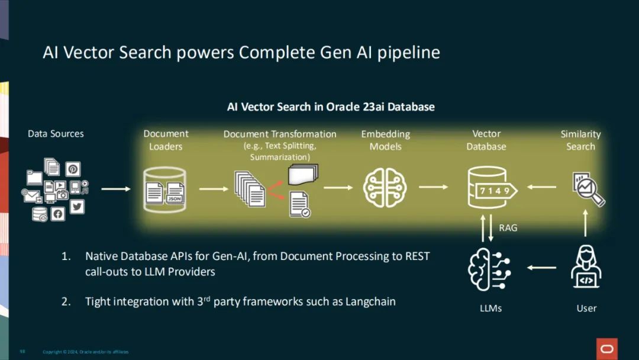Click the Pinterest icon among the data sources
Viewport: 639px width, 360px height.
73,169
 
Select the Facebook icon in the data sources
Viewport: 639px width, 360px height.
57,214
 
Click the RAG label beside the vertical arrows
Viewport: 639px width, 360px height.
508,227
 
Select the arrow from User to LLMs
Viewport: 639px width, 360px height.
541,268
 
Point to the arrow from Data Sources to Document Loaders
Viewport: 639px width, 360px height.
116,189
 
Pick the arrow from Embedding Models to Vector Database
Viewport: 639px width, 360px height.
434,187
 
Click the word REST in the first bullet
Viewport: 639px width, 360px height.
417,256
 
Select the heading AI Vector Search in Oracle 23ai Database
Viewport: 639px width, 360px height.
331,107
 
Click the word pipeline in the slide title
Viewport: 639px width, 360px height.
409,53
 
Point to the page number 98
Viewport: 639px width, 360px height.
22,352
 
